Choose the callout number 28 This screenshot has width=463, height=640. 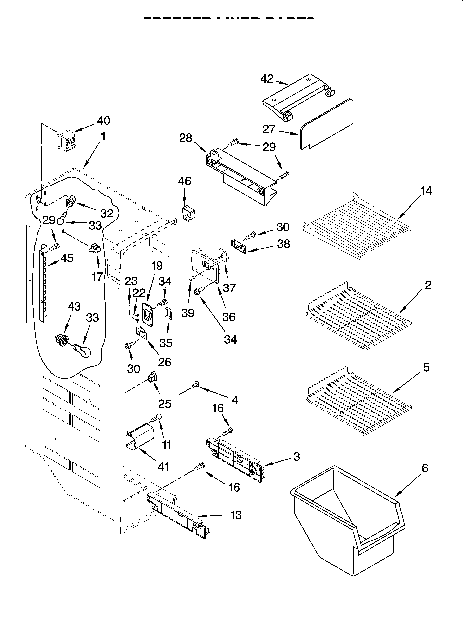pos(186,138)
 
